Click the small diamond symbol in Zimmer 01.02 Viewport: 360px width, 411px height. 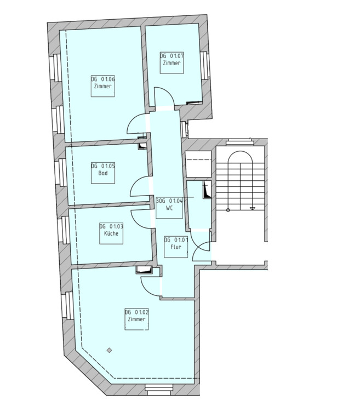click(109, 350)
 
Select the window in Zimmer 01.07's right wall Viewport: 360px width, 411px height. click(204, 65)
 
